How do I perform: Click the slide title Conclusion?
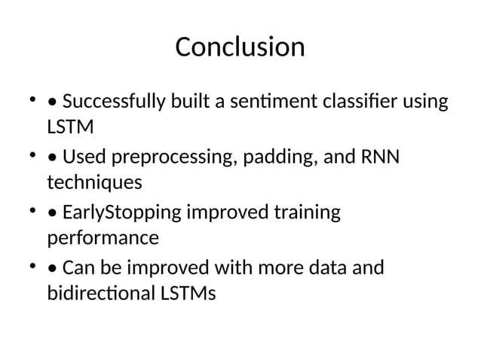coord(240,47)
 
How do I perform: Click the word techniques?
coord(94,182)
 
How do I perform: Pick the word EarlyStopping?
coord(118,215)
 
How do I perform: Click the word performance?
coord(103,239)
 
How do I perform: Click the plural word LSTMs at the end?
coord(188,293)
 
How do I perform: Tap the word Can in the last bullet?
coord(78,269)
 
